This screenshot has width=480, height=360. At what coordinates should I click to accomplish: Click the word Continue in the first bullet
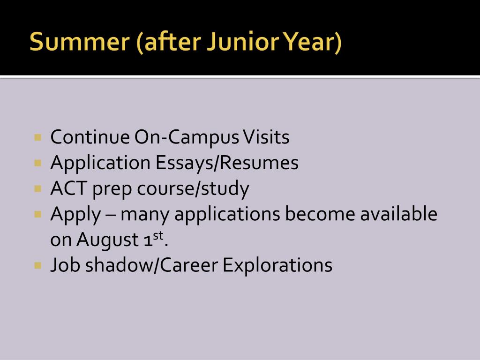pyautogui.click(x=90, y=137)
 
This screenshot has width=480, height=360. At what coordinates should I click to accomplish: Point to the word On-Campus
pyautogui.click(x=187, y=138)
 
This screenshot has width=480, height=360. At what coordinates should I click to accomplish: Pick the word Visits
pyautogui.click(x=266, y=137)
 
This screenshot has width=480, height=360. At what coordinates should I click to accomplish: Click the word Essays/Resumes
pyautogui.click(x=227, y=163)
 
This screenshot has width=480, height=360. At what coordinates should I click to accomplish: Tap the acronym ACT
pyautogui.click(x=69, y=188)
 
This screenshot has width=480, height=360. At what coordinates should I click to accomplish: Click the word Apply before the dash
pyautogui.click(x=75, y=214)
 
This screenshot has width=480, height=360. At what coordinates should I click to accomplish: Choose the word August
pyautogui.click(x=107, y=240)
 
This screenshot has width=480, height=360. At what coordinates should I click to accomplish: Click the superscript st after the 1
pyautogui.click(x=158, y=236)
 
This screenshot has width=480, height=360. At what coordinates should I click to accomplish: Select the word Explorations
pyautogui.click(x=277, y=266)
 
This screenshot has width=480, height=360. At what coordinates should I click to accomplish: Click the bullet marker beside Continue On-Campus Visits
pyautogui.click(x=38, y=137)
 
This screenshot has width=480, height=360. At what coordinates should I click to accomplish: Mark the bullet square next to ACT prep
pyautogui.click(x=38, y=188)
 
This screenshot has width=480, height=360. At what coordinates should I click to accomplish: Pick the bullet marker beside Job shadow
pyautogui.click(x=38, y=265)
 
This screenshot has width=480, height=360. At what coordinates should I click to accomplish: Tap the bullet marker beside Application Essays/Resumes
pyautogui.click(x=38, y=163)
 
